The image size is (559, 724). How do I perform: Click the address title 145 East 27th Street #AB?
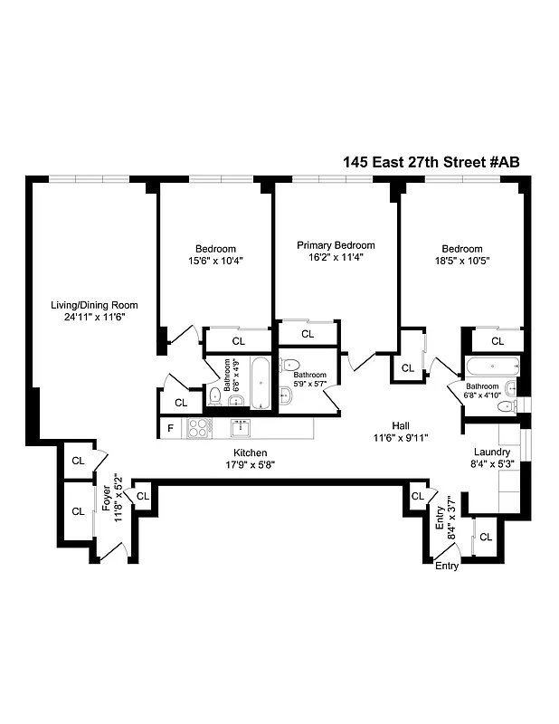click(431, 162)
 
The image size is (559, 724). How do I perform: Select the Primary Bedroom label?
click(336, 245)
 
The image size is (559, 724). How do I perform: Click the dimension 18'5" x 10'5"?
click(461, 262)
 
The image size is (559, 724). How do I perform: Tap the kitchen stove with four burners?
click(198, 428)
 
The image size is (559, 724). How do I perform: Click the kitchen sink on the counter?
click(241, 428)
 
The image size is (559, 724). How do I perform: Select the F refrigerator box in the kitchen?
click(169, 428)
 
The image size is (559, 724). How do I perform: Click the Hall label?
click(401, 426)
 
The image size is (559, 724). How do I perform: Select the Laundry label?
click(492, 452)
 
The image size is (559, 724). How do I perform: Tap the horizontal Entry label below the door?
click(447, 567)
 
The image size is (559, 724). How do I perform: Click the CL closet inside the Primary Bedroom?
click(308, 334)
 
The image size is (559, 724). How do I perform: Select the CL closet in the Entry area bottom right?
click(486, 537)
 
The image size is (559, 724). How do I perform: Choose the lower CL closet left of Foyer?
click(78, 511)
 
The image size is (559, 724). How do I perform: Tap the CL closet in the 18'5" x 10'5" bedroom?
click(497, 341)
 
